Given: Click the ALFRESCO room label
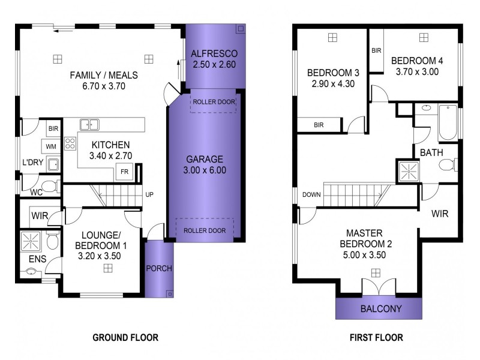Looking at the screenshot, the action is click(214, 53).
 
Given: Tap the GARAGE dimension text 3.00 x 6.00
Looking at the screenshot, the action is click(205, 170).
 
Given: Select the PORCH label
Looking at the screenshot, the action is click(159, 268).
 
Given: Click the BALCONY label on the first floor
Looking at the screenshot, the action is click(381, 308).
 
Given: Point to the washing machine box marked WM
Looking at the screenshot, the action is click(51, 146).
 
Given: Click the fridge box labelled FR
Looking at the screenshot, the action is click(124, 172).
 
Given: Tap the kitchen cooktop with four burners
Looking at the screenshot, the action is click(70, 143).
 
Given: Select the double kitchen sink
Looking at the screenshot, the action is click(89, 125).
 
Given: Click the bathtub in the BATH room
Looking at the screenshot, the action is click(448, 122).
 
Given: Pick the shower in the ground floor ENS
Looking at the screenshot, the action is click(31, 241).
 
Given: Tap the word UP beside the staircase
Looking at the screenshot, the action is click(149, 194).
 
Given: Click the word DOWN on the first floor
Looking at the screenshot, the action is click(311, 194).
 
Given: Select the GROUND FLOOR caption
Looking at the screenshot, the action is click(125, 338).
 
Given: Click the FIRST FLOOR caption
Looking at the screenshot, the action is click(376, 338).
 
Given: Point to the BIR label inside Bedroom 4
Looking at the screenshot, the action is click(376, 50).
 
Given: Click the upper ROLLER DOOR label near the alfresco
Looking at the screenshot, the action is click(214, 102).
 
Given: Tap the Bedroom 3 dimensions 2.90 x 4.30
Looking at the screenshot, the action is click(333, 84).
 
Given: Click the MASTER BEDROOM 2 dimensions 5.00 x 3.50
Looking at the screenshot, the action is click(364, 254).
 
